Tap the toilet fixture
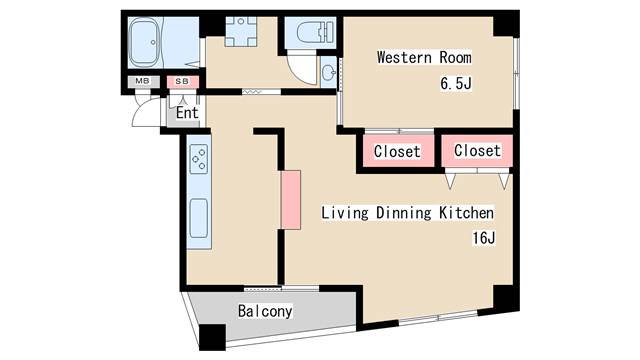point(309,33)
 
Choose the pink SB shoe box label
point(182,81)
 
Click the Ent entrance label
point(187,112)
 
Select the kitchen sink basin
point(199,216)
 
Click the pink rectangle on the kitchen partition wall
point(290,197)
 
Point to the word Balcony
point(265,311)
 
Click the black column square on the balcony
point(212,338)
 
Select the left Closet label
point(397,152)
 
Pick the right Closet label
point(477,151)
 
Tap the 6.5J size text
point(455,84)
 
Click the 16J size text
point(484,238)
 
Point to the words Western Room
point(424,57)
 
